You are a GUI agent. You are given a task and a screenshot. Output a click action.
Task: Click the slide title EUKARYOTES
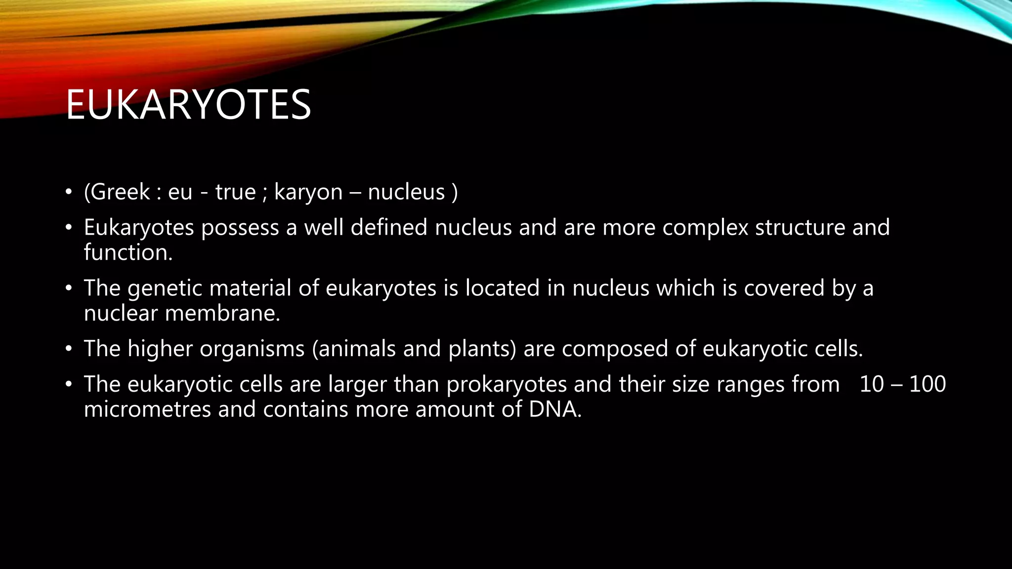click(188, 105)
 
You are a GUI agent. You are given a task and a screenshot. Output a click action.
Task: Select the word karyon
click(308, 193)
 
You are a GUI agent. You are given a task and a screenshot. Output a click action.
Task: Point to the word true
click(235, 192)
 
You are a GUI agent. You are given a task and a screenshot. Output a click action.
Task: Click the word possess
click(240, 228)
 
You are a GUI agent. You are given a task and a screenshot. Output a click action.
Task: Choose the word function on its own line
click(127, 252)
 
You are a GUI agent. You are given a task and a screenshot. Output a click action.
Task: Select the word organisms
click(252, 349)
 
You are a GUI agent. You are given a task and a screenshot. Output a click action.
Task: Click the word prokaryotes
click(506, 385)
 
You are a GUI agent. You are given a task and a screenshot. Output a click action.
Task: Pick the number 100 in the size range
click(927, 384)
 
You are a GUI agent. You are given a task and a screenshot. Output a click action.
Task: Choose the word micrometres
click(147, 409)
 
